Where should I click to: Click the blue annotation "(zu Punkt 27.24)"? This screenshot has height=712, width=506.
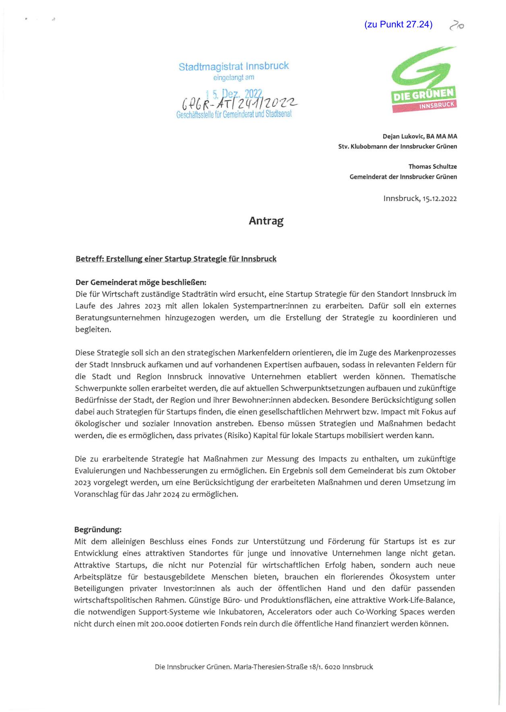(398, 25)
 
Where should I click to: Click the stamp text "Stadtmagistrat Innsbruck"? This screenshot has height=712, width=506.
(233, 66)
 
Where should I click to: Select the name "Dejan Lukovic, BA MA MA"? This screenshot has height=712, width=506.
(420, 137)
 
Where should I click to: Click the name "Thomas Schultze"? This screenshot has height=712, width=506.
(432, 166)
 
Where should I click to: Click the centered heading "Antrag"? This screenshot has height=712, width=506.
(266, 221)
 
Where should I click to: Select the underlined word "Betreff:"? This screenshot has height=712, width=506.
(90, 259)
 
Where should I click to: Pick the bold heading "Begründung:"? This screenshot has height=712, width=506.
(98, 529)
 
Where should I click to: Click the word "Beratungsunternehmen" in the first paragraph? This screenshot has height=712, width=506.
(118, 318)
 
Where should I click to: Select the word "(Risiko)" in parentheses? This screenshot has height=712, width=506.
(238, 436)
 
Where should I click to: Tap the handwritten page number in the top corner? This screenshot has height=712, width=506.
(456, 25)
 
